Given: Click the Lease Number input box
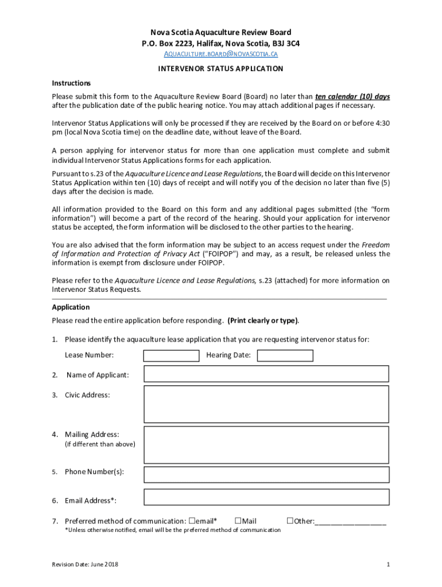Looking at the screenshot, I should click(x=171, y=355).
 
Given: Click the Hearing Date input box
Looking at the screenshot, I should click(x=285, y=355).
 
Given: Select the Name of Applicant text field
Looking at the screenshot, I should click(x=266, y=374).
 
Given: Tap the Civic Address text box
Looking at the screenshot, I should click(x=266, y=404).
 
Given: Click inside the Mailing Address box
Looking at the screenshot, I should click(x=266, y=444).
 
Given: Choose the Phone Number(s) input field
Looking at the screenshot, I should click(x=266, y=474).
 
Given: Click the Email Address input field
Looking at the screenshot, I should click(x=266, y=500).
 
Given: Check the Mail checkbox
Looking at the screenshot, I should click(x=238, y=521).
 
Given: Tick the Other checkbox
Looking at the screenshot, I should click(x=290, y=521).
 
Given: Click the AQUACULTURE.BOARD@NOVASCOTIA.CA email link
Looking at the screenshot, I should click(x=221, y=54).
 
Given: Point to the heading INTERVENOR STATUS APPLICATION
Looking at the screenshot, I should click(x=221, y=69).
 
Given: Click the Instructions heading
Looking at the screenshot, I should click(x=71, y=83).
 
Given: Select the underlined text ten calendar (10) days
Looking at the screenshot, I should click(x=352, y=96).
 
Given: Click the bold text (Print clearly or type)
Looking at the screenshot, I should click(x=263, y=320).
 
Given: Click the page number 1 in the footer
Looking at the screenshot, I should click(x=388, y=565).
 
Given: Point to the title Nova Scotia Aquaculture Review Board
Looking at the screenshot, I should click(x=221, y=33).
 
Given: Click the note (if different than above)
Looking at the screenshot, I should click(x=100, y=444).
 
